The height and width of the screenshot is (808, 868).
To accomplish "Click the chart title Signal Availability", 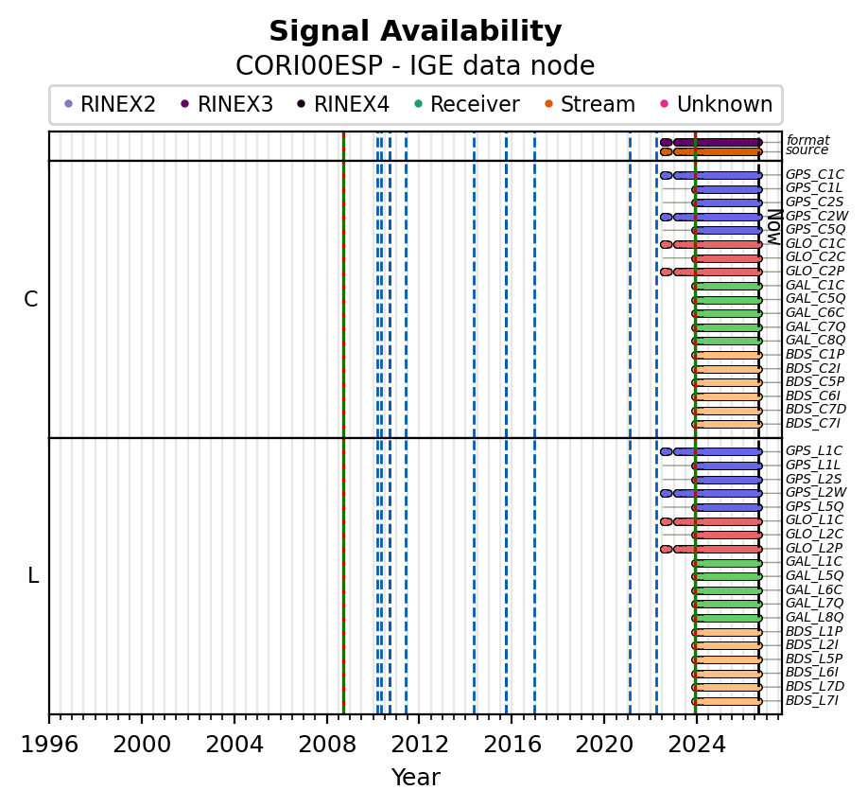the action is [415, 31].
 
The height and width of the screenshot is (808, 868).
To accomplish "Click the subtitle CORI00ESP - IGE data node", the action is [415, 65].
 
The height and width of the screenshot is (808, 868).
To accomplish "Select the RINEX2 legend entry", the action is [111, 104].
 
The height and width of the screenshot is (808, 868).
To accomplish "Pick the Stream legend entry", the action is [590, 104].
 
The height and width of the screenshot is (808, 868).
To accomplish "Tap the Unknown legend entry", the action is [717, 104].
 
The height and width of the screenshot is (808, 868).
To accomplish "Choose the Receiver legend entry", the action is [467, 104].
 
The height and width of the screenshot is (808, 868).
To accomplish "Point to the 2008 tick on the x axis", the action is [326, 719].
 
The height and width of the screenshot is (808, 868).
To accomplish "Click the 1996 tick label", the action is [49, 745].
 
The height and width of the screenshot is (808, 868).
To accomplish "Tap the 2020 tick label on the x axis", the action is [604, 745].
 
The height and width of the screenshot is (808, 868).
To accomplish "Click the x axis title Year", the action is [416, 778].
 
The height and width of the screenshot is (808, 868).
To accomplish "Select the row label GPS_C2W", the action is [817, 216].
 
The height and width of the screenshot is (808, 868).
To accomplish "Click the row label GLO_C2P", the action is [815, 271].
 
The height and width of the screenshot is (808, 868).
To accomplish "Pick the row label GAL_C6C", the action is [815, 312].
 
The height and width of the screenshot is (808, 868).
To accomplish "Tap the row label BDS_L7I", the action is [812, 700].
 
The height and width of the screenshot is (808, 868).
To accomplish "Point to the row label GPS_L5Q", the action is [814, 506].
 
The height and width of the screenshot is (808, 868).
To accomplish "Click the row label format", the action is [808, 140].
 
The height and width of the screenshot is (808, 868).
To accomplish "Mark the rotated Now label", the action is [774, 227].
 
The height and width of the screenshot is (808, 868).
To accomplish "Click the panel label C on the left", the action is [31, 299].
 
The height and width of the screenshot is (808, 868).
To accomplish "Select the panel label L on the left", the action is [33, 576].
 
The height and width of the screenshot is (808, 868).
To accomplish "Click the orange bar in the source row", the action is [718, 151].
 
